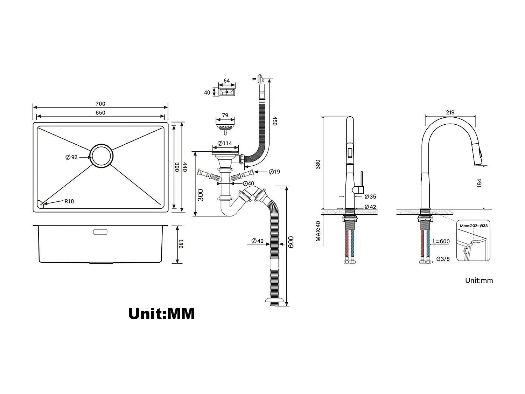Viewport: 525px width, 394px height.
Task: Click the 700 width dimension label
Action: (x=100, y=104)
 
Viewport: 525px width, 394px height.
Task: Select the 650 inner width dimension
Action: (x=100, y=112)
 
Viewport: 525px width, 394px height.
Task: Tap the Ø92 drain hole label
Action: (x=71, y=157)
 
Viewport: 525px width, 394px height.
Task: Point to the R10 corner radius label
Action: (x=69, y=201)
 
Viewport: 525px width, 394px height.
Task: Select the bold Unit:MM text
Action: (x=161, y=313)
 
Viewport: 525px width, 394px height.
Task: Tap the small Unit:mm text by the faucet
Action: (x=479, y=280)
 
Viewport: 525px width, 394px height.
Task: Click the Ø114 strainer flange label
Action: (x=225, y=143)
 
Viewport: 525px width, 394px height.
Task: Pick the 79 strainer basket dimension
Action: (x=225, y=115)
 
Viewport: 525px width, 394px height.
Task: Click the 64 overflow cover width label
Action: (x=226, y=81)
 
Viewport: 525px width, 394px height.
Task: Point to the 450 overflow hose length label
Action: (x=275, y=121)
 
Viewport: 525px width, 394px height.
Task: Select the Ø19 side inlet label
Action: (x=274, y=172)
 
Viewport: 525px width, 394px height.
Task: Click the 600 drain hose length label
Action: (x=291, y=242)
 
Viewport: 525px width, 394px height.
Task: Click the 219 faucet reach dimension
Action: (x=450, y=112)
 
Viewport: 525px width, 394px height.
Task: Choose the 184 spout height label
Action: (x=479, y=183)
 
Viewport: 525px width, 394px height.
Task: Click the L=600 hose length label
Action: (x=441, y=241)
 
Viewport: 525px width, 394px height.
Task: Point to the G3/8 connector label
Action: (x=443, y=260)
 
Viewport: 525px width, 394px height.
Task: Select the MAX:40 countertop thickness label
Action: (x=318, y=231)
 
